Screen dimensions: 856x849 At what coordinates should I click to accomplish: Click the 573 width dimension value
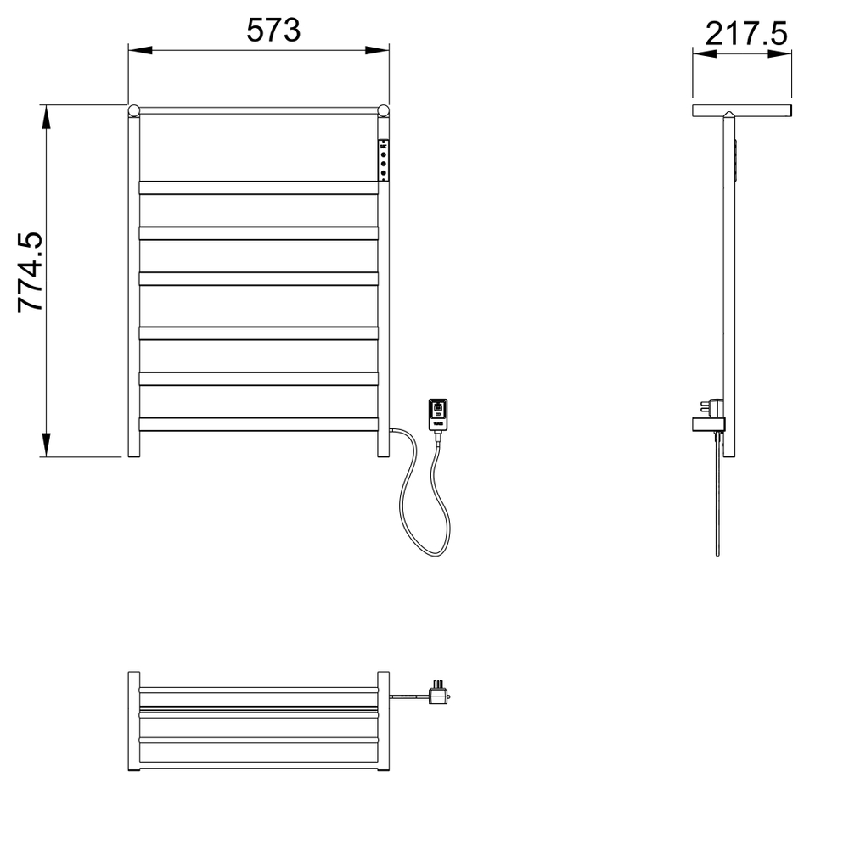tap(273, 31)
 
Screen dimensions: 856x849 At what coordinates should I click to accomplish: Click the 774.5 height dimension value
tap(31, 274)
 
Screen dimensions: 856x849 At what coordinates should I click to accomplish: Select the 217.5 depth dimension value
tap(746, 35)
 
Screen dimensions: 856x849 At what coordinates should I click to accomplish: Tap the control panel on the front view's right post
tap(384, 159)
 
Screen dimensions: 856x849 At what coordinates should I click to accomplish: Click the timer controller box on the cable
tap(437, 415)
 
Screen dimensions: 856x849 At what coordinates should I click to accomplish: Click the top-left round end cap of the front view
tap(133, 110)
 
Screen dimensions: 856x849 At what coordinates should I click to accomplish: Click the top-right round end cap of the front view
tap(383, 110)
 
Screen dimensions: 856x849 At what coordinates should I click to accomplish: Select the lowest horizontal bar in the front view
tap(258, 423)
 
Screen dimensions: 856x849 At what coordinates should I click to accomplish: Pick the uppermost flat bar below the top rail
tap(258, 187)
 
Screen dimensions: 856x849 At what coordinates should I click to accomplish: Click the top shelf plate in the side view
tap(742, 110)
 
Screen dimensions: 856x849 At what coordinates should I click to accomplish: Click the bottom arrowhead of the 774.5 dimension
tap(48, 445)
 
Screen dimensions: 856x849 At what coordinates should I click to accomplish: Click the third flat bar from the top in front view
tap(258, 278)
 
